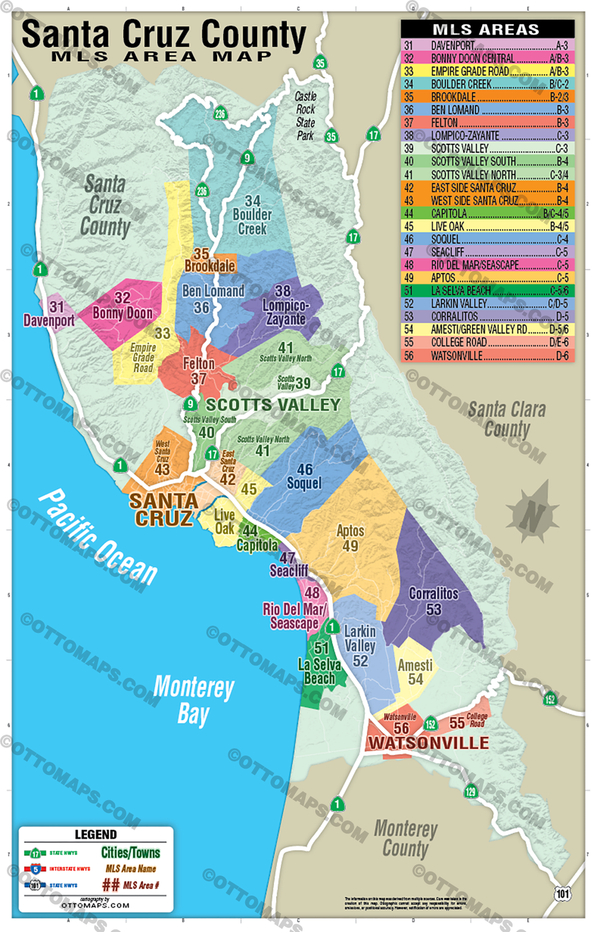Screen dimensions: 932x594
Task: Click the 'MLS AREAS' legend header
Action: point(486,29)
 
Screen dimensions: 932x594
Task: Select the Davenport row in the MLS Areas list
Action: point(486,46)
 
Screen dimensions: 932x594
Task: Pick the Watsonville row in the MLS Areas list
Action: point(486,356)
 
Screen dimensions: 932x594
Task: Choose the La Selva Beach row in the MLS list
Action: point(486,291)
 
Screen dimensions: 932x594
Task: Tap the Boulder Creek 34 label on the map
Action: point(252,215)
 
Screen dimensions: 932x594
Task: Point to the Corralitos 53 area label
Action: point(433,601)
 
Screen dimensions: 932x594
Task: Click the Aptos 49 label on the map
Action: point(350,538)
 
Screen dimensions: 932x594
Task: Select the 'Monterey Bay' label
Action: point(194,699)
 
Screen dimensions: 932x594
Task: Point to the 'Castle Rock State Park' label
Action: point(305,116)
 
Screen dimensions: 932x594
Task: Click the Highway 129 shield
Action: point(470,791)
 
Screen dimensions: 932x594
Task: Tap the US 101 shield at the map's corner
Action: point(563,893)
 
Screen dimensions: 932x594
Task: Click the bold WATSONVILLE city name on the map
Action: point(428,743)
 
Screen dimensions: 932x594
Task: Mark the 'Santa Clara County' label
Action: point(506,419)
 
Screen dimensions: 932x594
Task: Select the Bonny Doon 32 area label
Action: point(123,306)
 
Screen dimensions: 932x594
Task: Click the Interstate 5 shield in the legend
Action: point(35,869)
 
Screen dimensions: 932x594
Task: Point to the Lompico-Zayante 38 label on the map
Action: point(284,306)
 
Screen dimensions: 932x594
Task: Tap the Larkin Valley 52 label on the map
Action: point(360,645)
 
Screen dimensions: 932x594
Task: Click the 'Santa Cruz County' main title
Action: point(164,36)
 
